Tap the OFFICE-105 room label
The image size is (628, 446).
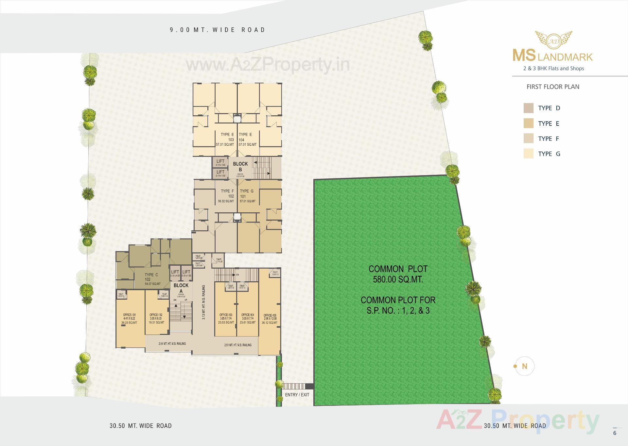coord(270,315)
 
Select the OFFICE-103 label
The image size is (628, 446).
coord(226,315)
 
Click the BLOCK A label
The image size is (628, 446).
coord(181,288)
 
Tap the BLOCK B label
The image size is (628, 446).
coord(240,166)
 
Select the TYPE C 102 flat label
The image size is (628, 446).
coord(151,277)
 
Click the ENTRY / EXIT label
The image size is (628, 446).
coord(297,395)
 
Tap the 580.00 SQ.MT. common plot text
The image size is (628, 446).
coord(398,280)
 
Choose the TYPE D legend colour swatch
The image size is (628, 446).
coord(529,108)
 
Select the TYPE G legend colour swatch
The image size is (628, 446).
coord(529,154)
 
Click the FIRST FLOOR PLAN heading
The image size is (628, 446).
coord(553,87)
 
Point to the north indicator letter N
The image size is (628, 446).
coord(525,366)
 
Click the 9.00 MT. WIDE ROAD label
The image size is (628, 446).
coord(218,30)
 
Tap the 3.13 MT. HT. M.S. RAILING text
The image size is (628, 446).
coord(203,302)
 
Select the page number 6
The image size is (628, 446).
coord(615,433)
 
